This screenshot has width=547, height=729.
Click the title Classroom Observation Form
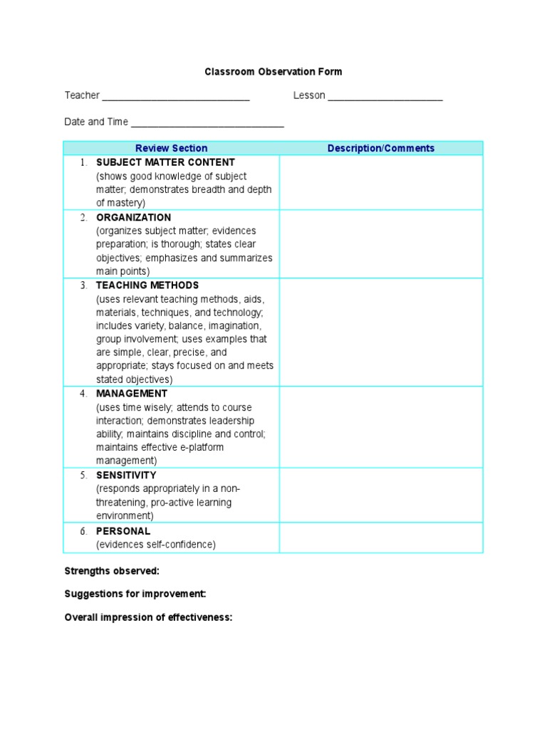tap(273, 72)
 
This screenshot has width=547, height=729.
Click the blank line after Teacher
tap(176, 98)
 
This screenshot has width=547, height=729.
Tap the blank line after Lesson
tap(385, 98)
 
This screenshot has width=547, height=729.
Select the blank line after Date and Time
tap(207, 124)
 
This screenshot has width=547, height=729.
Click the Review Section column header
tap(171, 148)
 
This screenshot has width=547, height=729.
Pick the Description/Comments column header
tap(380, 148)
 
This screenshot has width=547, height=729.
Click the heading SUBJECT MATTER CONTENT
tap(165, 162)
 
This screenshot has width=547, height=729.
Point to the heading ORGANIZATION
tap(133, 217)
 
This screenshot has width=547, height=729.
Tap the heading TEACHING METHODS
tap(147, 285)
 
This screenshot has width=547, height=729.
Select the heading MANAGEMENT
tap(132, 394)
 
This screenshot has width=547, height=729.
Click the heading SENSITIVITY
tap(126, 475)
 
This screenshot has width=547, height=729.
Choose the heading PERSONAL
tap(123, 531)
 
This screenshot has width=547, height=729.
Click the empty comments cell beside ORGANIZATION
tap(380, 244)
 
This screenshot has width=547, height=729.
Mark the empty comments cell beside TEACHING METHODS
tap(380, 332)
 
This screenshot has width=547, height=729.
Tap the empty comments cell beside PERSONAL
tap(380, 538)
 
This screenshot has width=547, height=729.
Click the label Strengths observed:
tap(112, 571)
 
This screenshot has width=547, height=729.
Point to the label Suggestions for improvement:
tap(135, 594)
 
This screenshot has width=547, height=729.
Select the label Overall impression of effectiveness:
tap(148, 617)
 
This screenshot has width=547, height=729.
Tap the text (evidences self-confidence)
tap(156, 545)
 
